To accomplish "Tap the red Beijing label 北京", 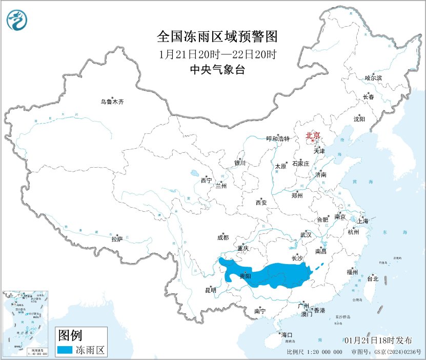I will [312, 135].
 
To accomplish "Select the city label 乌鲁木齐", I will [112, 102].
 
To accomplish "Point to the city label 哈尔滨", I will [373, 78].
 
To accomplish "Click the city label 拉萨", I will [117, 238].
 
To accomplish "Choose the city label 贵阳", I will [245, 276].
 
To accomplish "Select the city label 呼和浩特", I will [278, 138].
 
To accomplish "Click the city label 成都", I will [223, 237].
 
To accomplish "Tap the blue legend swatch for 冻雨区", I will [64, 350].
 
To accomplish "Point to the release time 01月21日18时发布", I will [378, 341].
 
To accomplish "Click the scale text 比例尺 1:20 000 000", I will [314, 352].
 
